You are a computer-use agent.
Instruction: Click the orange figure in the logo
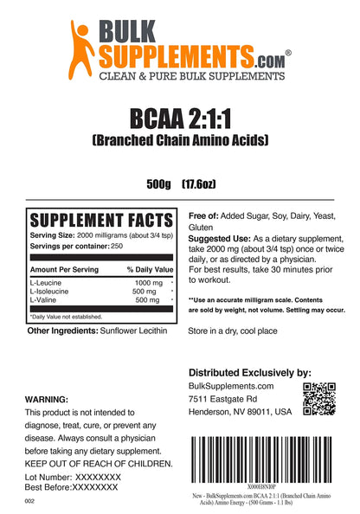click(82, 46)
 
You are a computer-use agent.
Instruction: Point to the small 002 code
click(30, 500)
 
